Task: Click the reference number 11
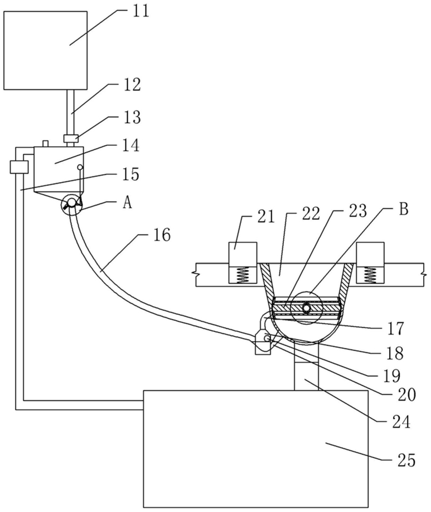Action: (141, 11)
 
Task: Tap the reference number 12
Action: (132, 84)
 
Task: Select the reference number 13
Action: (132, 117)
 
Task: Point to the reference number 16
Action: (162, 235)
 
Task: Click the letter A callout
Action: (127, 203)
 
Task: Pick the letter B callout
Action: (404, 209)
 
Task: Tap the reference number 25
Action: (406, 460)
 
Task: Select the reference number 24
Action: (401, 422)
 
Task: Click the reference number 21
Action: (267, 217)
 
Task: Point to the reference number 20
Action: (407, 394)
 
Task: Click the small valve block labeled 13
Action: (71, 138)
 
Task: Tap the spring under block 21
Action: (243, 275)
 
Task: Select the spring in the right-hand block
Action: (370, 275)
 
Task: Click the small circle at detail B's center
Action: (306, 308)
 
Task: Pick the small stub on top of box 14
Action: (45, 143)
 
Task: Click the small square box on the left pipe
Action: (19, 166)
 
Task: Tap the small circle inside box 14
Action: (80, 168)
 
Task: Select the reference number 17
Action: (396, 328)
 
